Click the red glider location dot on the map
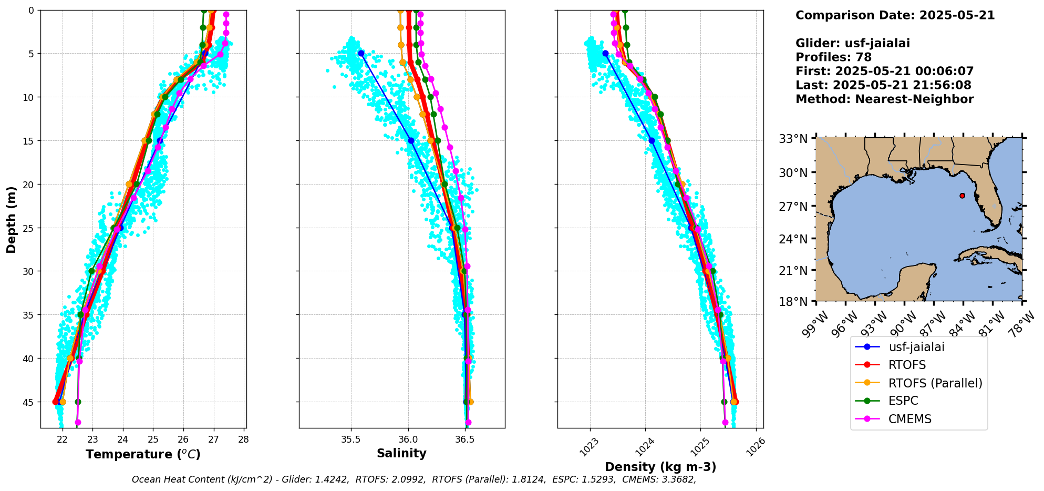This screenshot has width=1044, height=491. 962,196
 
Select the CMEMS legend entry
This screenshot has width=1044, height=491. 910,419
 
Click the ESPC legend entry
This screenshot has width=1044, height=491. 903,401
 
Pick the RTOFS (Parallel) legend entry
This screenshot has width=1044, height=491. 935,383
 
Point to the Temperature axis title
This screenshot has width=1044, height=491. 143,454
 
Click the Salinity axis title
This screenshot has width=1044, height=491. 401,453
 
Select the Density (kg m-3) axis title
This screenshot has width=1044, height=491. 660,467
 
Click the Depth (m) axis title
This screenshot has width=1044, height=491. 11,219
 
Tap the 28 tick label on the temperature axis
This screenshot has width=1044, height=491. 243,439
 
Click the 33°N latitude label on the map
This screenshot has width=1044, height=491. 793,139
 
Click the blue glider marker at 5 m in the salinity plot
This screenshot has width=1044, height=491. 361,53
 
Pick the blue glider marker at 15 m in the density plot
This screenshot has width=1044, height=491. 652,140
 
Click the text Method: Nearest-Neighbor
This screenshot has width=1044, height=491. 884,99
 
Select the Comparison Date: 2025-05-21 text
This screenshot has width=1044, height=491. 895,15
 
